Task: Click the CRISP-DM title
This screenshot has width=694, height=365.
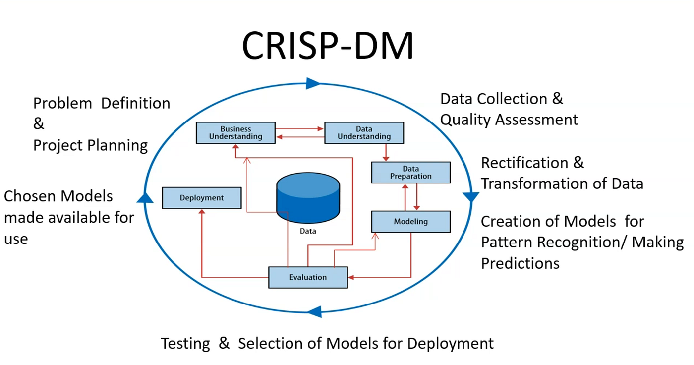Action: pos(328,45)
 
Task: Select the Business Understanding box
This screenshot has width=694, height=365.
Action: pos(235,133)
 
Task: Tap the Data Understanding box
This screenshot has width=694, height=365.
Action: pos(364,133)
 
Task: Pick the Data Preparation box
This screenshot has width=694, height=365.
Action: pos(411,173)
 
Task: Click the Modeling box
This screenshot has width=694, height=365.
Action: pos(411,222)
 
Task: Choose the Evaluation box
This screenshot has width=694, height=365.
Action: pos(308,277)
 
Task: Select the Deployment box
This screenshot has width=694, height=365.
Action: pos(202,198)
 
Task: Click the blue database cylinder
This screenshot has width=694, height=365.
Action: pos(308,198)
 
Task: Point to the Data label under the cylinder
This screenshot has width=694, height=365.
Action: pos(308,231)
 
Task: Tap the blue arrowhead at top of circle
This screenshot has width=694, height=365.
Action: pos(313,83)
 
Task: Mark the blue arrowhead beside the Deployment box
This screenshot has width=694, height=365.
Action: pos(145,198)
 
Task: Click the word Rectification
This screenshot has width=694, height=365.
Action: pos(524,163)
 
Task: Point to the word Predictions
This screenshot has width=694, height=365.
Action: pos(520,264)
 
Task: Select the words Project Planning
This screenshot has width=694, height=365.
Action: pos(90,146)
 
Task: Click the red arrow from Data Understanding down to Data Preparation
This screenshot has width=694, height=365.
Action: pos(386,152)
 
